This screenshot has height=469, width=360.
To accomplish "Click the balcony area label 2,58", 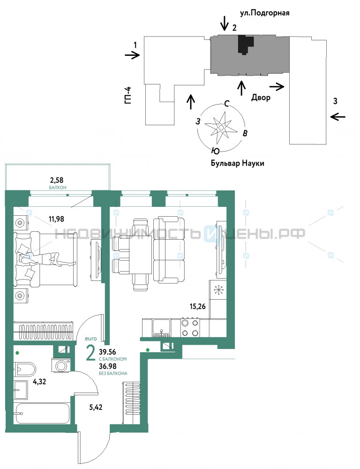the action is coord(57,181).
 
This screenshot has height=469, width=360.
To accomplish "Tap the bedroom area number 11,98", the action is coord(57,219).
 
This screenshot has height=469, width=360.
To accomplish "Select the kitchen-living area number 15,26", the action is coord(198,306).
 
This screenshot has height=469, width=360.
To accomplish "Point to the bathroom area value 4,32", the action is coord(39,381).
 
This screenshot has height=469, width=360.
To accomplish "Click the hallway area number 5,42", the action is coord(96,407).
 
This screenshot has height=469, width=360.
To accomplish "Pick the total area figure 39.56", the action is coord(107,352).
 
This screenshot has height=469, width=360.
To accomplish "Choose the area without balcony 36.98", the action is coord(108,366).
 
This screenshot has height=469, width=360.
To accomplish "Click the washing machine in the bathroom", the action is coord(61,365).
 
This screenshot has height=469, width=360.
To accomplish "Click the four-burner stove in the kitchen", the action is coord(190,328).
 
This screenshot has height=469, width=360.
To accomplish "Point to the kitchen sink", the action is coord(161,328).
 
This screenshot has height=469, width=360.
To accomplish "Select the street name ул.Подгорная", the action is coord(265,13).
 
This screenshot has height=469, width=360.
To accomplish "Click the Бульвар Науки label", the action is coord(237,163).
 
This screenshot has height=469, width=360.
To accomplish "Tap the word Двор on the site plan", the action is coord(261,97).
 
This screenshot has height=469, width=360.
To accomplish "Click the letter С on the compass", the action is coord(227,104).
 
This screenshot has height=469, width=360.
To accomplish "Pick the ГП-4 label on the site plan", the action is coord(128,95).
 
